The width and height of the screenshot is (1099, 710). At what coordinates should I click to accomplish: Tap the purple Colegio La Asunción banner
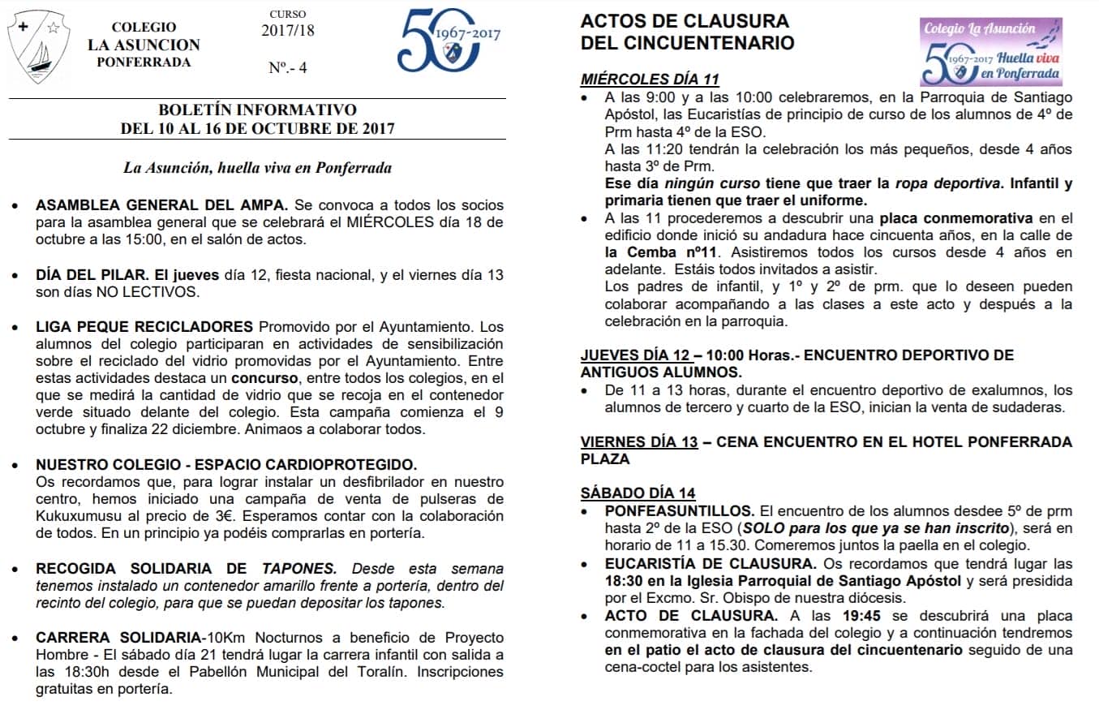990,52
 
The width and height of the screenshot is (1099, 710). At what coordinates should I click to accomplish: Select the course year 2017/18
287,31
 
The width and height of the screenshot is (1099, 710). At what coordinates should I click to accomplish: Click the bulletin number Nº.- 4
287,68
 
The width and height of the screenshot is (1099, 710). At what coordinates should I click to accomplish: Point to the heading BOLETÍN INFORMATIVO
257,110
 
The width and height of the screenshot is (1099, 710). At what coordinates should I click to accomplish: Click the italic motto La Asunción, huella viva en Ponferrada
257,168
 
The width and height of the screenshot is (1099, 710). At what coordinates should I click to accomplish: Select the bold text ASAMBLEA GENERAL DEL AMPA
161,205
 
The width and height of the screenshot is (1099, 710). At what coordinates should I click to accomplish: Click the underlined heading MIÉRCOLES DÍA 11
650,80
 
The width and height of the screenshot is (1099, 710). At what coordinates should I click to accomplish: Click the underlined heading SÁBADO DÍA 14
638,493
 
